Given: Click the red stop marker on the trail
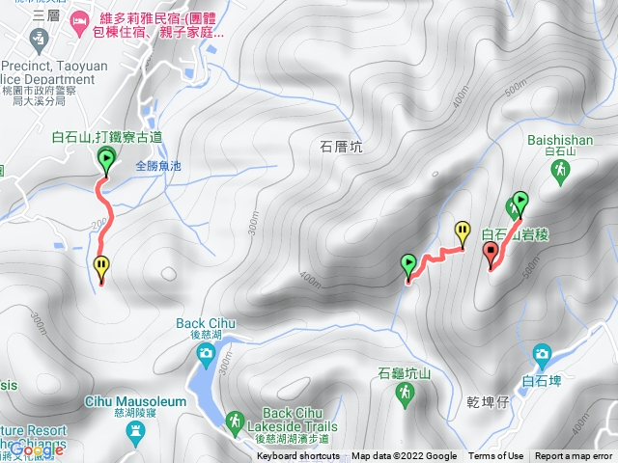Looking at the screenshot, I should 491,254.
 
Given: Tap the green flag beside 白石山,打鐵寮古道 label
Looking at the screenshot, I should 105,161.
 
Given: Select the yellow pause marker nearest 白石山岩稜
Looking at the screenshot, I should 463,231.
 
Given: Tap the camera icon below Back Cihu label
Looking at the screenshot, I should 206,355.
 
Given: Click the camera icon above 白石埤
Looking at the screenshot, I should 542,354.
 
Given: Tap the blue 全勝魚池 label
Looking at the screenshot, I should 158,166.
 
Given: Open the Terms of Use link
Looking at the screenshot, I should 495,456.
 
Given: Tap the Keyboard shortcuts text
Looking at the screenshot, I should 298,456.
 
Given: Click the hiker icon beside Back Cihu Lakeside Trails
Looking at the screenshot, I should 235,421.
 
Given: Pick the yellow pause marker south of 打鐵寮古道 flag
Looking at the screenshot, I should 101,266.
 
